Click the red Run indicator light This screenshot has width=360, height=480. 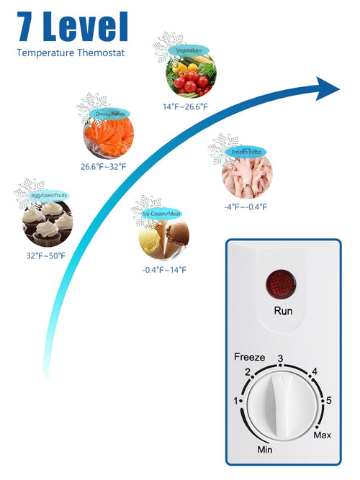pyautogui.click(x=281, y=284)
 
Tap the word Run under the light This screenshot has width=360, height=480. pyautogui.click(x=283, y=311)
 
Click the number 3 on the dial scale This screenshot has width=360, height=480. pyautogui.click(x=280, y=358)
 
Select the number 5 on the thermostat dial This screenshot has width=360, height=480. pyautogui.click(x=329, y=400)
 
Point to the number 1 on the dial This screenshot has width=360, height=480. pyautogui.click(x=236, y=401)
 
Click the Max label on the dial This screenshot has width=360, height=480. pyautogui.click(x=323, y=435)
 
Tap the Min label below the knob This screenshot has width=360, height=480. pyautogui.click(x=265, y=450)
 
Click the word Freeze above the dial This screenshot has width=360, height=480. pyautogui.click(x=249, y=357)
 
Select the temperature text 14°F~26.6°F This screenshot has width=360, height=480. pyautogui.click(x=185, y=107)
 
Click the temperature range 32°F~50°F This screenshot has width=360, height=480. pyautogui.click(x=46, y=256)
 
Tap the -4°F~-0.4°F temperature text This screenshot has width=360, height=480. pyautogui.click(x=246, y=207)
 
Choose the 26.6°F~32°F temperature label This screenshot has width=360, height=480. pyautogui.click(x=104, y=167)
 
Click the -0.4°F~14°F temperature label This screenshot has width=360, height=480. pyautogui.click(x=164, y=270)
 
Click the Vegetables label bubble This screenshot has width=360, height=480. pyautogui.click(x=189, y=50)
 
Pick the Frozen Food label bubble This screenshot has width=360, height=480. pyautogui.click(x=246, y=152)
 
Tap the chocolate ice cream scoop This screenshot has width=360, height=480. pyautogui.click(x=177, y=233)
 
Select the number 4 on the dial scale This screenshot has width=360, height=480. pyautogui.click(x=315, y=371)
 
